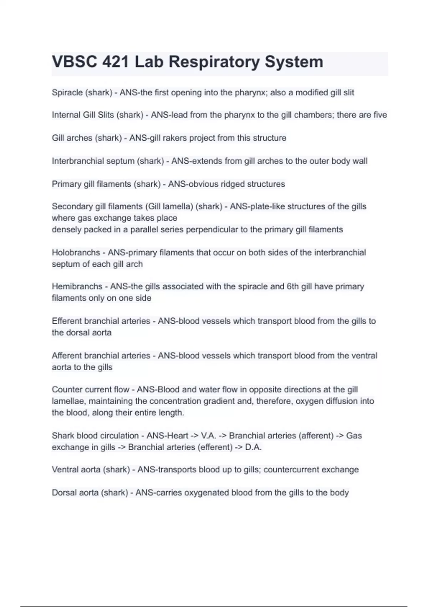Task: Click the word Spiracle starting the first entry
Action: point(67,93)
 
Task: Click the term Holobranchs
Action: point(76,253)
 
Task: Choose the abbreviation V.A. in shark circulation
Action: point(209,436)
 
